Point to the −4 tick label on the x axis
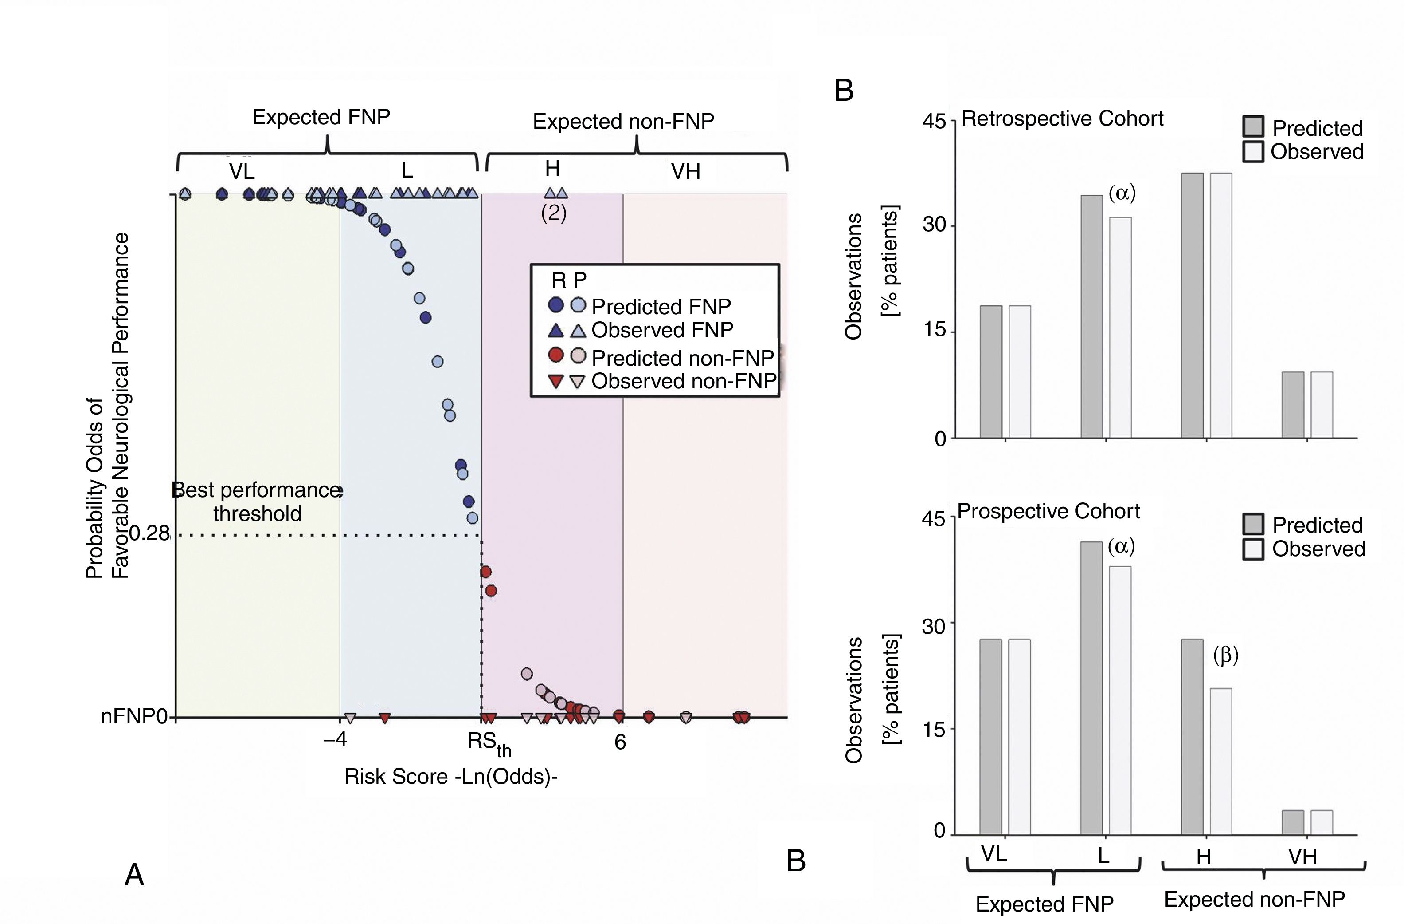coord(335,739)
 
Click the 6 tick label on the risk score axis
coord(620,742)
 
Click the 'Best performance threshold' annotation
coord(257,502)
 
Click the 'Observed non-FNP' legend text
coord(683,381)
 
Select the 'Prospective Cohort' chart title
coord(1048,511)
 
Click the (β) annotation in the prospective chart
coord(1225,655)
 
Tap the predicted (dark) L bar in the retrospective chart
coord(1091,317)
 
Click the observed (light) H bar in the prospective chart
coord(1220,762)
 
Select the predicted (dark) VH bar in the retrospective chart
coord(1293,405)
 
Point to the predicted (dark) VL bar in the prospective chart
coord(990,737)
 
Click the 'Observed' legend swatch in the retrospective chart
coord(1253,152)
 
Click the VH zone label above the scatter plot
coord(685,172)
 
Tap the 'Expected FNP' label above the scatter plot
coord(321,117)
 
